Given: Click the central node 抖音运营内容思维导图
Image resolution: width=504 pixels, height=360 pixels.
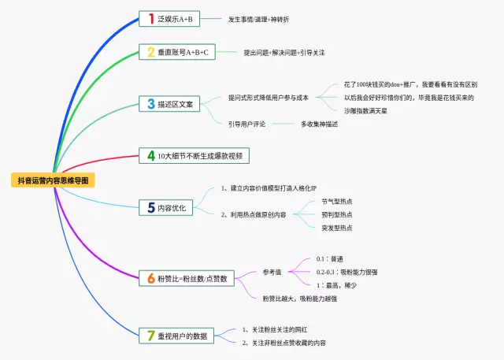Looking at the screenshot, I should click(x=54, y=180).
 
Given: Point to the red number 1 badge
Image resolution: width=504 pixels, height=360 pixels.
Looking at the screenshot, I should click(x=150, y=18).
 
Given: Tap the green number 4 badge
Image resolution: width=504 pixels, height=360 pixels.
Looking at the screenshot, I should click(x=150, y=156).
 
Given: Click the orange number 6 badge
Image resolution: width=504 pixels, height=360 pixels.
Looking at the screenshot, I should click(x=150, y=278).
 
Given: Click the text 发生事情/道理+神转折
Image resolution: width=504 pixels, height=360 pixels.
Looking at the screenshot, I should click(x=258, y=18).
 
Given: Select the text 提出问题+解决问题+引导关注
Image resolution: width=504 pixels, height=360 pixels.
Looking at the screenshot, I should click(x=283, y=52).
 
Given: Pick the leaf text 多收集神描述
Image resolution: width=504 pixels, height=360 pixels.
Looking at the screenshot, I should click(x=319, y=124).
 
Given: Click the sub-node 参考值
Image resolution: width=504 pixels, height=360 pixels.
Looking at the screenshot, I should click(x=272, y=272).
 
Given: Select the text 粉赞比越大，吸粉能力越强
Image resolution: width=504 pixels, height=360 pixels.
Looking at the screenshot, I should click(x=299, y=299).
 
